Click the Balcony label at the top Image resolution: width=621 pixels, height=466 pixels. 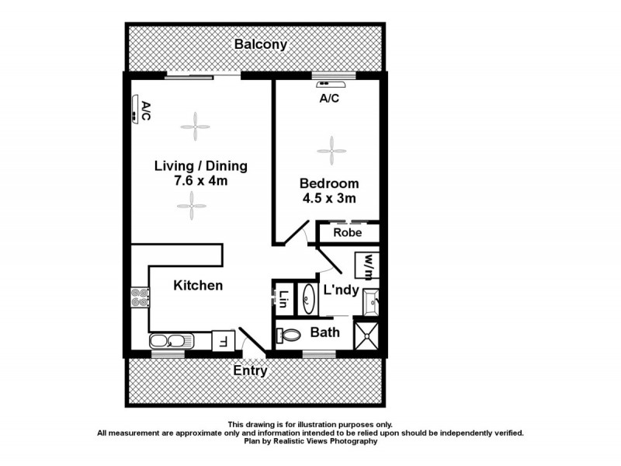coord(261,45)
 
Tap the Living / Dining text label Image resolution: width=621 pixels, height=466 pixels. coord(200,165)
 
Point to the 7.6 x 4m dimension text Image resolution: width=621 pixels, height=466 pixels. coord(200,181)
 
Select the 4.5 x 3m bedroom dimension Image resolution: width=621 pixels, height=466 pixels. coord(329,199)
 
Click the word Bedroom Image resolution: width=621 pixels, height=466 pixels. coord(329,184)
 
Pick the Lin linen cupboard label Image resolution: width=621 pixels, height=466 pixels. coord(284,299)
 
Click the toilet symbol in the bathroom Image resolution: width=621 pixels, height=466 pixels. coord(290,335)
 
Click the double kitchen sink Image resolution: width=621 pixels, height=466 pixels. coord(167,340)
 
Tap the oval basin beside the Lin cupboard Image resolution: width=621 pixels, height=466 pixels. coord(308,299)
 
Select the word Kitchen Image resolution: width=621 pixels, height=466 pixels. coord(198,286)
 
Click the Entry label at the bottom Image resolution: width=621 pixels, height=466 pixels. coord(250,371)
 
